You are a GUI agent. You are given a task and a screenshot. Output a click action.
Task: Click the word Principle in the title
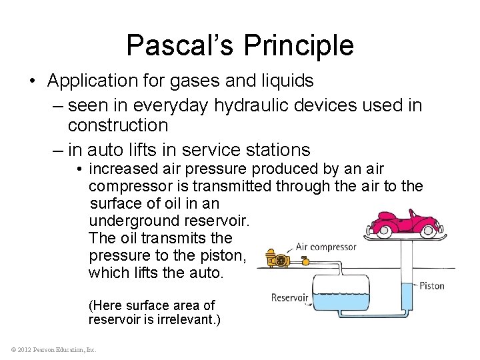pyautogui.click(x=299, y=45)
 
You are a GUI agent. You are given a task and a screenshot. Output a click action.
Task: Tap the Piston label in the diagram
pyautogui.click(x=431, y=286)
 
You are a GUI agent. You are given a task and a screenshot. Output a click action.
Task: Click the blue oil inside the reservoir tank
pyautogui.click(x=341, y=303)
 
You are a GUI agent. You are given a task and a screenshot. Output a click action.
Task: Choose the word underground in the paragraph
pyautogui.click(x=131, y=221)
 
